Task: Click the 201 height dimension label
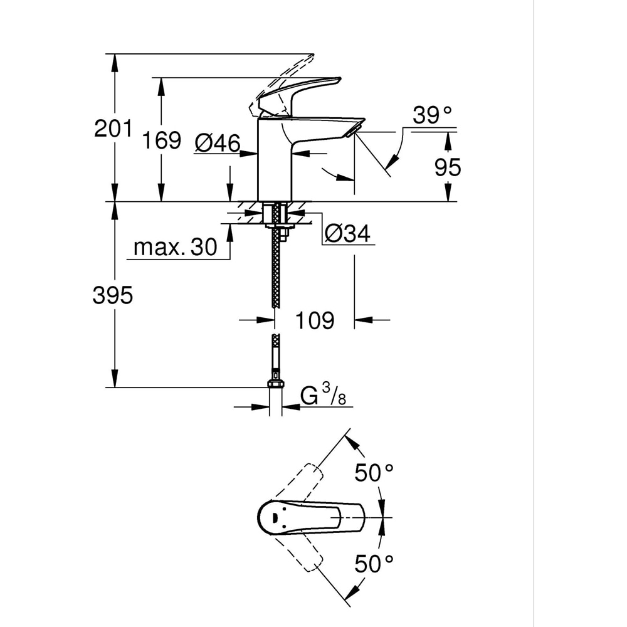coord(113,129)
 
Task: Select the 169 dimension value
coord(161,140)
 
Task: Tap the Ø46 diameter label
coord(217,143)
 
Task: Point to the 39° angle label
coord(432,115)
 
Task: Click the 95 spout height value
coord(448,167)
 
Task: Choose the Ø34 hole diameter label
coord(347,233)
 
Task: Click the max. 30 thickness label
coord(175,247)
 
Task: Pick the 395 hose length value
coord(113,295)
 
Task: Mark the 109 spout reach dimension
coord(315,320)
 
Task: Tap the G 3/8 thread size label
coord(324,396)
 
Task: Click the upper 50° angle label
coord(374,472)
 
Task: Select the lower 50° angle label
coord(374,564)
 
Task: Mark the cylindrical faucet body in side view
coord(275,160)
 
